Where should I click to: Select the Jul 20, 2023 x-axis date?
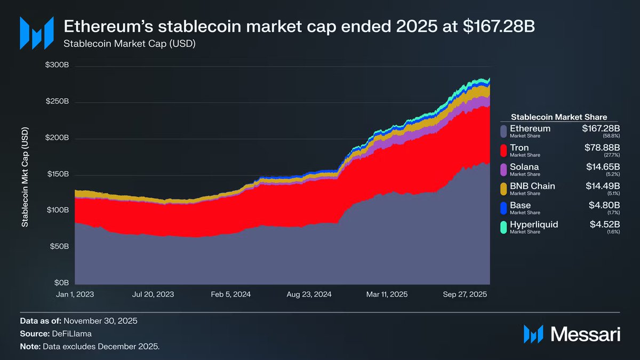pyautogui.click(x=154, y=294)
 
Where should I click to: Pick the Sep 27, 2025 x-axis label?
pyautogui.click(x=465, y=294)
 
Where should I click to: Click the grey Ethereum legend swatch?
pyautogui.click(x=503, y=131)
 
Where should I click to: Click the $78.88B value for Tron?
pyautogui.click(x=602, y=148)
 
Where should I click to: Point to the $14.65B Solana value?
pyautogui.click(x=602, y=167)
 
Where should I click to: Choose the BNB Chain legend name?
pyautogui.click(x=532, y=186)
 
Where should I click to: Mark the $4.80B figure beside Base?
pyautogui.click(x=604, y=205)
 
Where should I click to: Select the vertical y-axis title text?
pyautogui.click(x=25, y=177)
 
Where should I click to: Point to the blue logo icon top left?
pyautogui.click(x=36, y=33)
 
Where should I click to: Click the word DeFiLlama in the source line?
pyautogui.click(x=71, y=334)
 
